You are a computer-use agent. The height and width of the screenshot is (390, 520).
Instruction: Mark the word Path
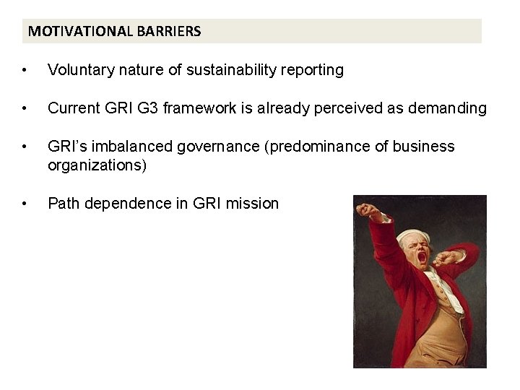point(63,204)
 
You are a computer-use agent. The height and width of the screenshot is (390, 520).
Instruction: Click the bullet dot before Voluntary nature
point(25,71)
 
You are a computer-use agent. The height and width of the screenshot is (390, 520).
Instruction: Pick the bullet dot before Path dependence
point(25,204)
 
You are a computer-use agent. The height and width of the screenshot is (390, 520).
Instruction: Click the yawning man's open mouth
point(422,256)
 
